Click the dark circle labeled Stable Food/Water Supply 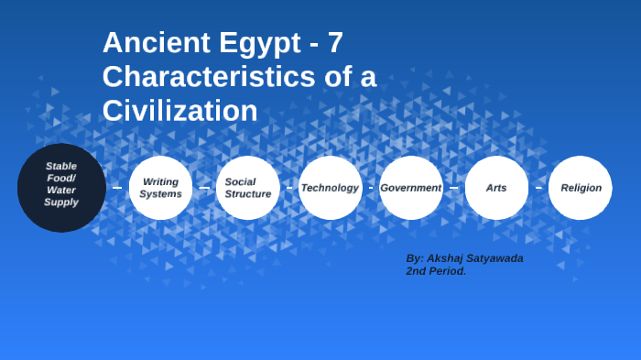[x=61, y=188]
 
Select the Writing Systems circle [x=160, y=188]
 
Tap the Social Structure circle [x=247, y=188]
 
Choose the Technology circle [x=330, y=188]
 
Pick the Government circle [x=410, y=188]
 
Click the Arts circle [x=496, y=188]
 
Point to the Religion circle [x=581, y=188]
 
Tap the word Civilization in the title [x=179, y=111]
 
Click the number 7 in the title [x=335, y=43]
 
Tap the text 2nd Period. [x=436, y=271]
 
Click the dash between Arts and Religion [x=538, y=188]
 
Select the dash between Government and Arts [x=453, y=188]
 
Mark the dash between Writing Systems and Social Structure [x=204, y=188]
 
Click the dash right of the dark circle [x=116, y=188]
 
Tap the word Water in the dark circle [x=61, y=191]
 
